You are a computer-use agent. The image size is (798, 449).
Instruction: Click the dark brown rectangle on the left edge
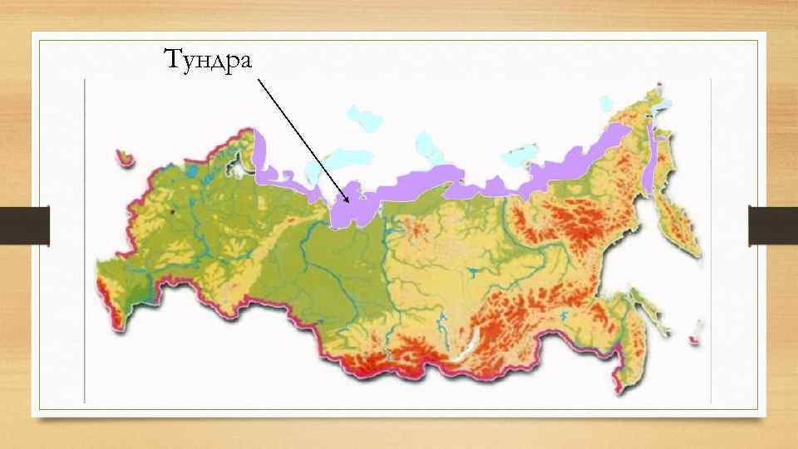pyautogui.click(x=24, y=225)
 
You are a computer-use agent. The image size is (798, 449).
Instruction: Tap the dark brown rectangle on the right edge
pyautogui.click(x=773, y=225)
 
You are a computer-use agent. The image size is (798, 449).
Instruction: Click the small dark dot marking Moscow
pyautogui.click(x=172, y=211)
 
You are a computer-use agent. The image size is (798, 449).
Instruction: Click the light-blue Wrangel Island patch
pyautogui.click(x=606, y=104)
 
